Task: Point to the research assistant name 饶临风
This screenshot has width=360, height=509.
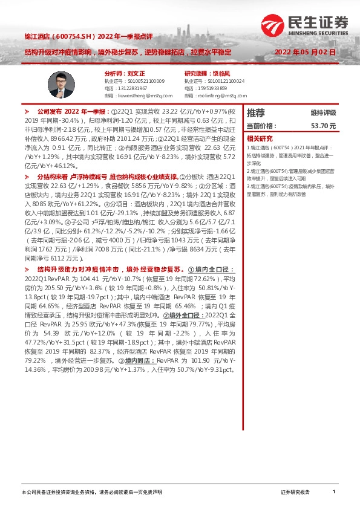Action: click(223, 73)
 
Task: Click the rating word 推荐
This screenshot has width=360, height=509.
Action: click(255, 113)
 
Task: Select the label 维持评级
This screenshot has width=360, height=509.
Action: click(323, 113)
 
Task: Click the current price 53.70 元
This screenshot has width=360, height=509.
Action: click(322, 126)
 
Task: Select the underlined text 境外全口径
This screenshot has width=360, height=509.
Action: click(184, 316)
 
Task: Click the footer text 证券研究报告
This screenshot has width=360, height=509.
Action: click(295, 493)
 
